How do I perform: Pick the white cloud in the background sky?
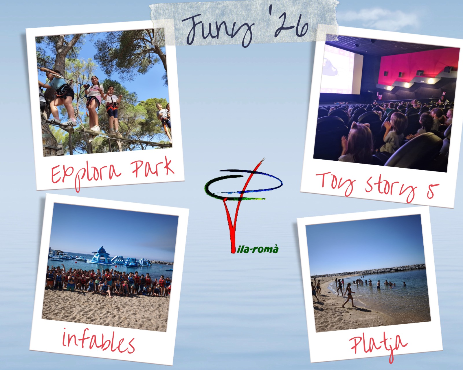tap(379, 18)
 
